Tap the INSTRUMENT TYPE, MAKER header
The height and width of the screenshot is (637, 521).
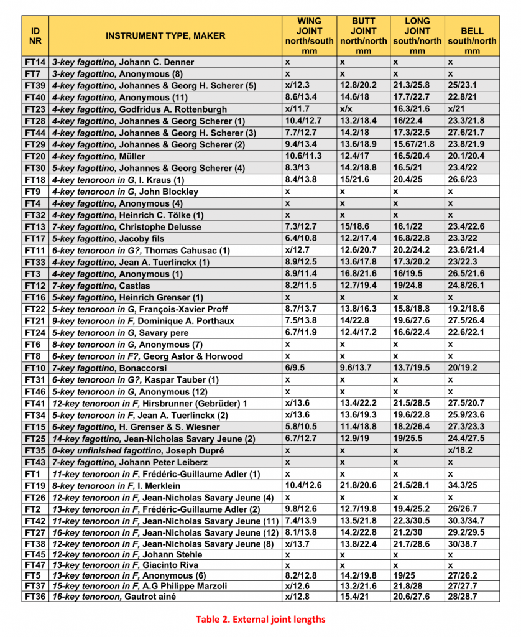165,35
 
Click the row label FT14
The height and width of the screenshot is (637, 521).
35,62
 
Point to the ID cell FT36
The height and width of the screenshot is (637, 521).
35,597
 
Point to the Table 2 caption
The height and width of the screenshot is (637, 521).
260,619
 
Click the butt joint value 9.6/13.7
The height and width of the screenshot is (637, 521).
353,368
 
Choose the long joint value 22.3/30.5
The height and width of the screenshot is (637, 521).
413,521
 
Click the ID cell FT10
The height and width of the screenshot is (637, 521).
35,368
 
